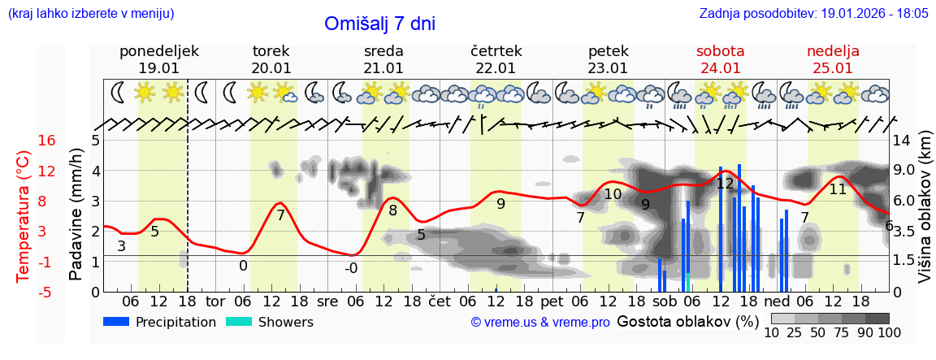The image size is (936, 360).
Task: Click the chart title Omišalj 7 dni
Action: pyautogui.click(x=379, y=24)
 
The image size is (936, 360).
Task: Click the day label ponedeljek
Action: pyautogui.click(x=158, y=51)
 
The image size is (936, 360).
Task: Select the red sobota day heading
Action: pyautogui.click(x=720, y=51)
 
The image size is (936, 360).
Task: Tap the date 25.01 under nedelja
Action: pyautogui.click(x=833, y=68)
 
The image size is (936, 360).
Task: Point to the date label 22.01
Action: pyautogui.click(x=496, y=68)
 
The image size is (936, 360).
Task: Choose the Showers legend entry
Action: pyautogui.click(x=270, y=322)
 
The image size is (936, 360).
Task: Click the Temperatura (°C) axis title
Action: pyautogui.click(x=24, y=216)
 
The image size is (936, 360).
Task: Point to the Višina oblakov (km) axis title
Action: pyautogui.click(x=925, y=216)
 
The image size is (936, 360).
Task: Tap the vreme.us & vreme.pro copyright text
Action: pyautogui.click(x=540, y=323)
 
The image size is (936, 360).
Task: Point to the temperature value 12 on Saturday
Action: pyautogui.click(x=725, y=184)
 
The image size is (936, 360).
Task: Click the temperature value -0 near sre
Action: pyautogui.click(x=351, y=268)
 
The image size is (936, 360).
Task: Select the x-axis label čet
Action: pyautogui.click(x=439, y=300)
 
